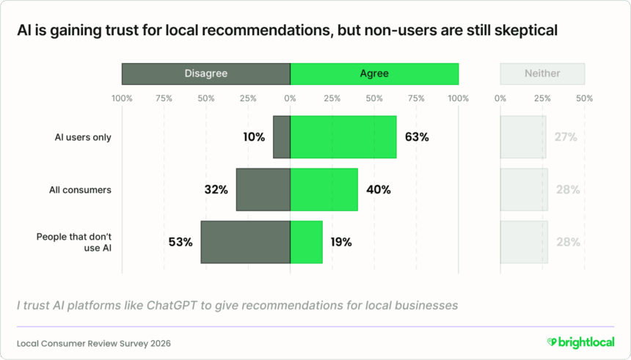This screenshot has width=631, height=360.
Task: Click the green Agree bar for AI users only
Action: (x=343, y=137)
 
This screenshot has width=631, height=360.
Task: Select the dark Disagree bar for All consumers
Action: (x=263, y=190)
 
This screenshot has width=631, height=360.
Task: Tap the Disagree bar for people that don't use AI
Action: (x=245, y=242)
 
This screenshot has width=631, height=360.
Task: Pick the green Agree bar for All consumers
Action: (x=324, y=190)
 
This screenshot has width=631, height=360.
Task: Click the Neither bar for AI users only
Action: (x=523, y=137)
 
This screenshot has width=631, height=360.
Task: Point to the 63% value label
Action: (x=417, y=137)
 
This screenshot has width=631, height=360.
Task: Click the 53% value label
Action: (x=180, y=242)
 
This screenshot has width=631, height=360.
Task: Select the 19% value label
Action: (x=340, y=242)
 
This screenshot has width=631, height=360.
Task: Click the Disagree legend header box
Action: (x=205, y=74)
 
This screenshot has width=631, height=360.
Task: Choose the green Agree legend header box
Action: (x=374, y=74)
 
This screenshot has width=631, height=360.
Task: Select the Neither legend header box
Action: (x=542, y=74)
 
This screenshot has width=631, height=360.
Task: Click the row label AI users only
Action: (x=83, y=137)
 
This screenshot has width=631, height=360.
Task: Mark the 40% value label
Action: (x=378, y=190)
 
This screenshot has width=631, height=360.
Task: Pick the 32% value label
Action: (x=216, y=190)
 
